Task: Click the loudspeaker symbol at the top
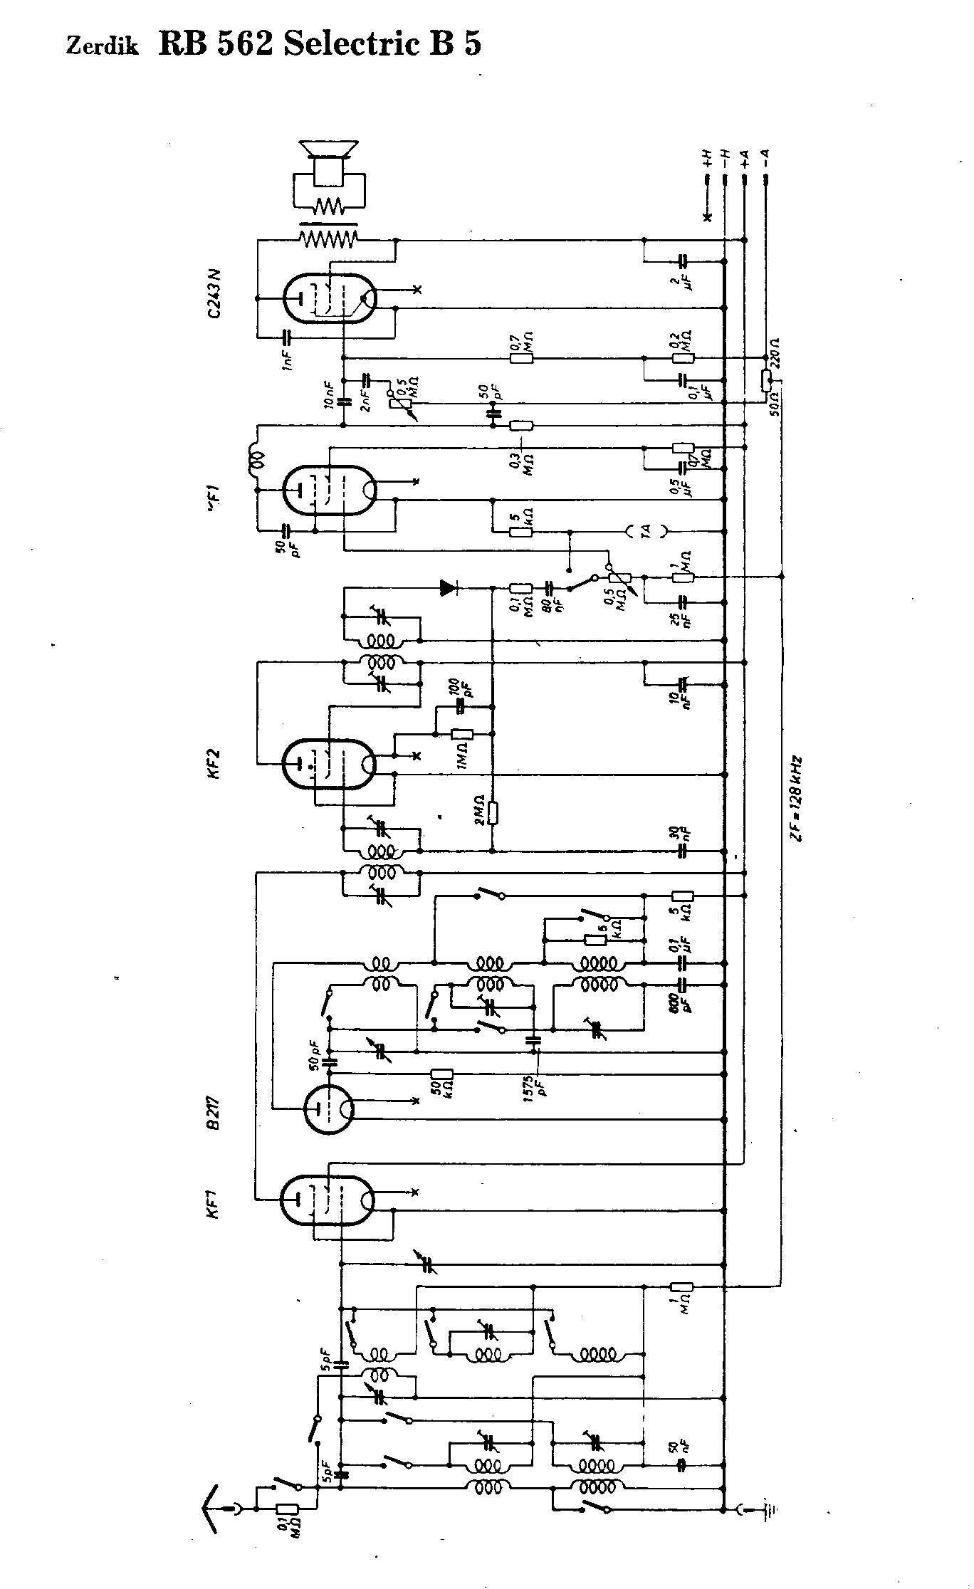click(x=327, y=152)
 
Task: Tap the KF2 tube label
click(x=214, y=764)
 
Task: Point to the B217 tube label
click(x=214, y=1111)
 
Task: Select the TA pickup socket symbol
click(x=646, y=531)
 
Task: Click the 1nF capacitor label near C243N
click(x=286, y=358)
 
